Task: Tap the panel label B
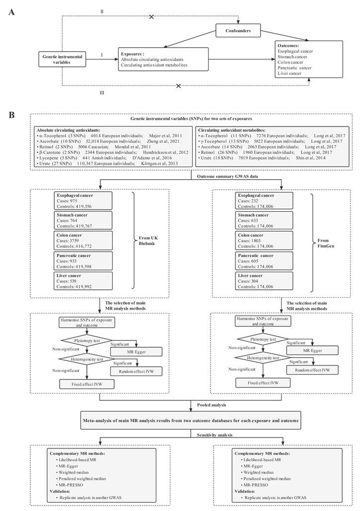11,115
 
